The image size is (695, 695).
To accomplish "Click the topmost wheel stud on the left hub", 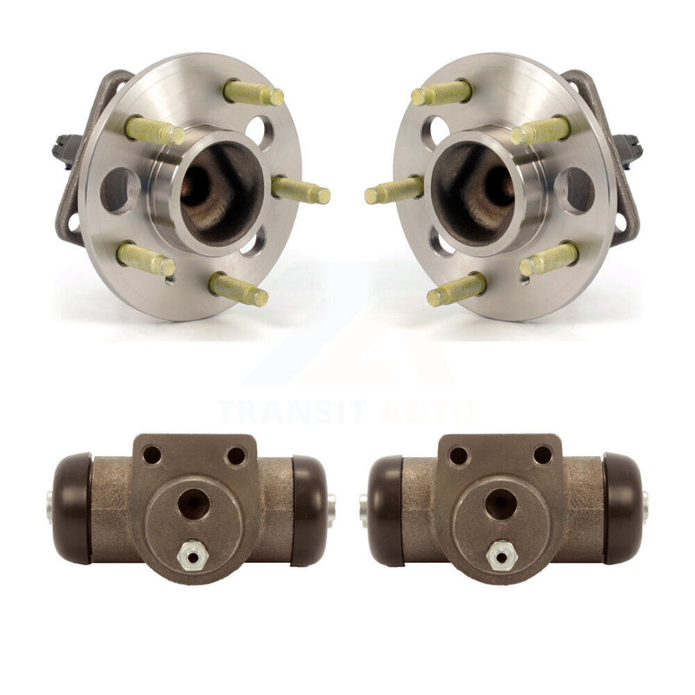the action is click(x=253, y=93).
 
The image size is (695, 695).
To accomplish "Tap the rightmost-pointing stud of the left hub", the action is click(x=301, y=190).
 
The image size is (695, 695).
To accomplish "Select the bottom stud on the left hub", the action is click(x=238, y=289).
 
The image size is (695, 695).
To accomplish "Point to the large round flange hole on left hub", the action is click(x=120, y=190).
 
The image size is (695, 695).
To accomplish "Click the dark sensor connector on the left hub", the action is click(x=64, y=149).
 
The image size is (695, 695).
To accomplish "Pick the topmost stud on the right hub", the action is click(x=441, y=93).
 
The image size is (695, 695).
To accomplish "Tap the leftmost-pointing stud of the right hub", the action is click(x=394, y=190).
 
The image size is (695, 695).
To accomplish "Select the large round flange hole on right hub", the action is click(x=574, y=190).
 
